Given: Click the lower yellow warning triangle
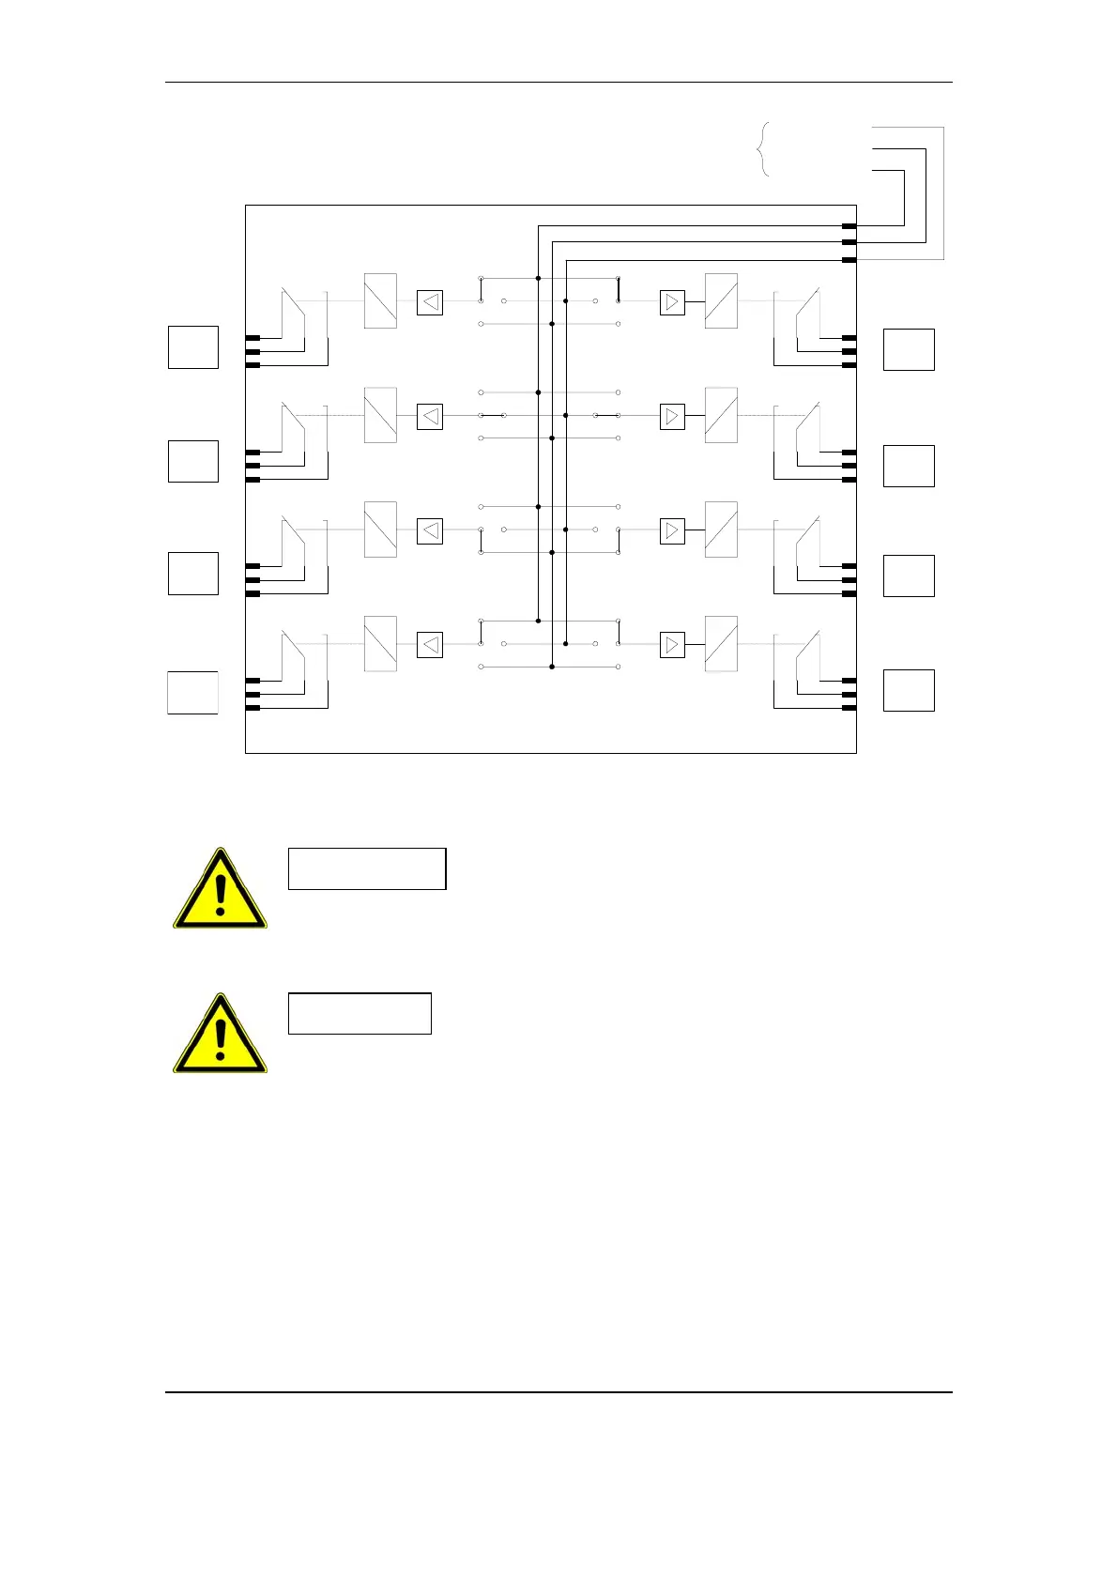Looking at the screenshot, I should pyautogui.click(x=220, y=1036).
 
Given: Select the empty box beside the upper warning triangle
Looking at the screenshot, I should pyautogui.click(x=366, y=868).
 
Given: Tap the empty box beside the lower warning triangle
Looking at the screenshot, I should pyautogui.click(x=360, y=1013).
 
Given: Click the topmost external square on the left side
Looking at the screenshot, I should pyautogui.click(x=193, y=347).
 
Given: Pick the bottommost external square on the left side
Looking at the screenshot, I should pyautogui.click(x=193, y=693).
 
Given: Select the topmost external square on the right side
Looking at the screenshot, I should pyautogui.click(x=909, y=349).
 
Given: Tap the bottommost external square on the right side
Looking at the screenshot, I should pyautogui.click(x=909, y=690).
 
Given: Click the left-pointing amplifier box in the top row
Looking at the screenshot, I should pyautogui.click(x=430, y=302).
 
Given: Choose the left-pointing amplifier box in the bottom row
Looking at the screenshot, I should pyautogui.click(x=430, y=645).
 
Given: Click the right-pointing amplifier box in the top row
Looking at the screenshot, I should pyautogui.click(x=672, y=302).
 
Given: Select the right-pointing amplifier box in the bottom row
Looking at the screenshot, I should pyautogui.click(x=672, y=645).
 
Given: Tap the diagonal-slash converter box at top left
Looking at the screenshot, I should pyautogui.click(x=380, y=301).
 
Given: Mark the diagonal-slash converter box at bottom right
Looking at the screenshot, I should pyautogui.click(x=721, y=644).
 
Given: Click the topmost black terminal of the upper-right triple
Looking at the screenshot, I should pyautogui.click(x=849, y=226).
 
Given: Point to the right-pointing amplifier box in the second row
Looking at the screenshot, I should pyautogui.click(x=672, y=416).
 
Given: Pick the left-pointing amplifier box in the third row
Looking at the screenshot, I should pyautogui.click(x=430, y=530).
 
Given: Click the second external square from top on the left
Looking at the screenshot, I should pyautogui.click(x=193, y=461).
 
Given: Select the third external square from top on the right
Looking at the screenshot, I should pyautogui.click(x=909, y=576).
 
